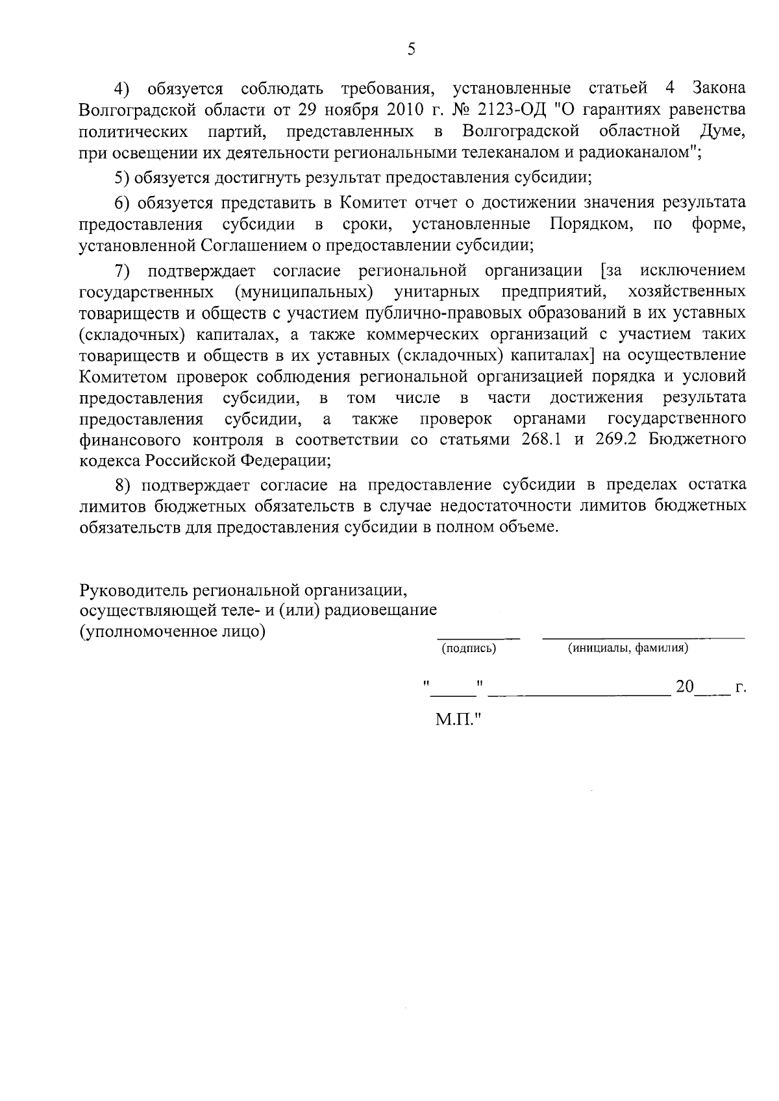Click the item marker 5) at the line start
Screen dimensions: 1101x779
122,178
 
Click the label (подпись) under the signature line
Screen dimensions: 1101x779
469,648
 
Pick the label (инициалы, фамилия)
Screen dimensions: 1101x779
628,648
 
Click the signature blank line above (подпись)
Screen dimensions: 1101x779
478,637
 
